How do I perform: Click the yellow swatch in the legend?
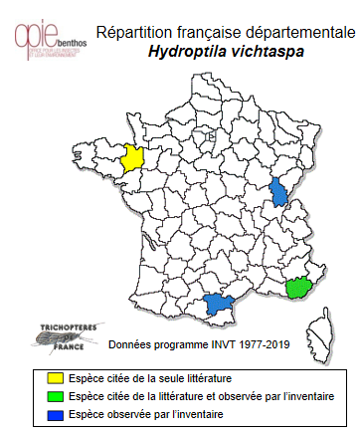pyautogui.click(x=56, y=378)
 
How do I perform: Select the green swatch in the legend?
pyautogui.click(x=56, y=395)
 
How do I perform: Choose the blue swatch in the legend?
pyautogui.click(x=56, y=412)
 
